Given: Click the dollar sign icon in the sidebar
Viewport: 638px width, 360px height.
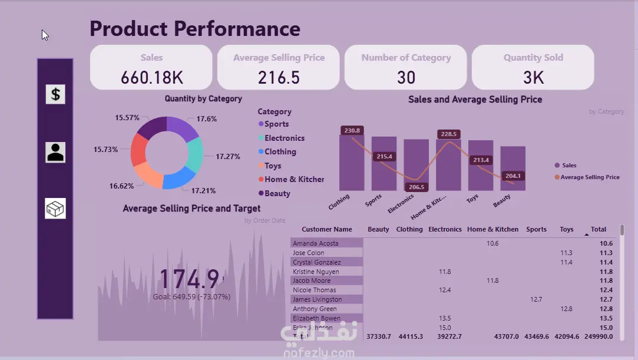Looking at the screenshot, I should [55, 94].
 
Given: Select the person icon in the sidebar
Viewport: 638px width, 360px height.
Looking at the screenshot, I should [55, 152].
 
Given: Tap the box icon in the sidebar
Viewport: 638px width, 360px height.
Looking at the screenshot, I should [55, 209].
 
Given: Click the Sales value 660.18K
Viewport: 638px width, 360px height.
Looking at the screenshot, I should [151, 77].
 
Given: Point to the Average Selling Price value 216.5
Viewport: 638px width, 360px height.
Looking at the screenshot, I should [279, 77].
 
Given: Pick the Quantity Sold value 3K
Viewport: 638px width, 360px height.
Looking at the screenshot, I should [533, 77].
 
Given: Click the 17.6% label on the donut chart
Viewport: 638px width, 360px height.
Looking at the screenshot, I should [207, 119].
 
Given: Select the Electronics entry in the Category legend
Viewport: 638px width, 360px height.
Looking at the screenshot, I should [285, 138].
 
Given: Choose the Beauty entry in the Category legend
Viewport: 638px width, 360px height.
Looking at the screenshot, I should [277, 193].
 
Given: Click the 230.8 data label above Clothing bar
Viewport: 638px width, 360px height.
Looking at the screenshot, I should [352, 130].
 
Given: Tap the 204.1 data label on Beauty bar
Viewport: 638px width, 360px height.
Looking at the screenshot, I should [513, 176].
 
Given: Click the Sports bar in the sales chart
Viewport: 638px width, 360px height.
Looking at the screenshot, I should [384, 165].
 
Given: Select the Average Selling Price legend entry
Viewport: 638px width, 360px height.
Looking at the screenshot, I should [590, 177].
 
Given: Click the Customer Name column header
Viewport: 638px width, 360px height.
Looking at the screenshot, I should [327, 229].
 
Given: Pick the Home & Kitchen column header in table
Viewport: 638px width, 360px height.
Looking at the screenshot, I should [492, 229].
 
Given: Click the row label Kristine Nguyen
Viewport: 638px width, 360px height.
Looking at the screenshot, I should [316, 272].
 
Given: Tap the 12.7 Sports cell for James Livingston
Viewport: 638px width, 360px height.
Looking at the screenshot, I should [536, 299].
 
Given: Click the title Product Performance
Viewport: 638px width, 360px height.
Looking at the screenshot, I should [195, 28].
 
